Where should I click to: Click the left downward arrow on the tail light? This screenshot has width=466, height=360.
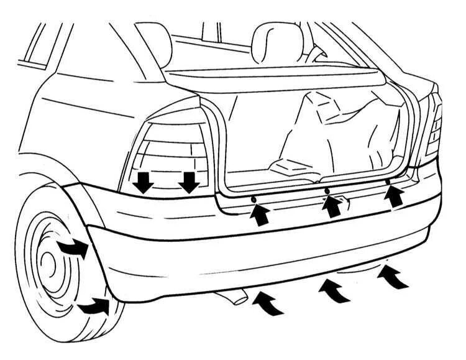click(x=144, y=182)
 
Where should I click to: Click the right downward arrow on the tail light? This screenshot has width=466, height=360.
click(x=189, y=182)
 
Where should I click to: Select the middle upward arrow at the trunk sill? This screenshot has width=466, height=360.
click(x=333, y=207)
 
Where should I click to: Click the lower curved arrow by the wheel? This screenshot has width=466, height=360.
click(x=93, y=305)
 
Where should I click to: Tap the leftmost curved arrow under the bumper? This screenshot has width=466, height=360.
click(x=268, y=302)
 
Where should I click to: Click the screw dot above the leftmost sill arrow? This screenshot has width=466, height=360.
click(x=254, y=198)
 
